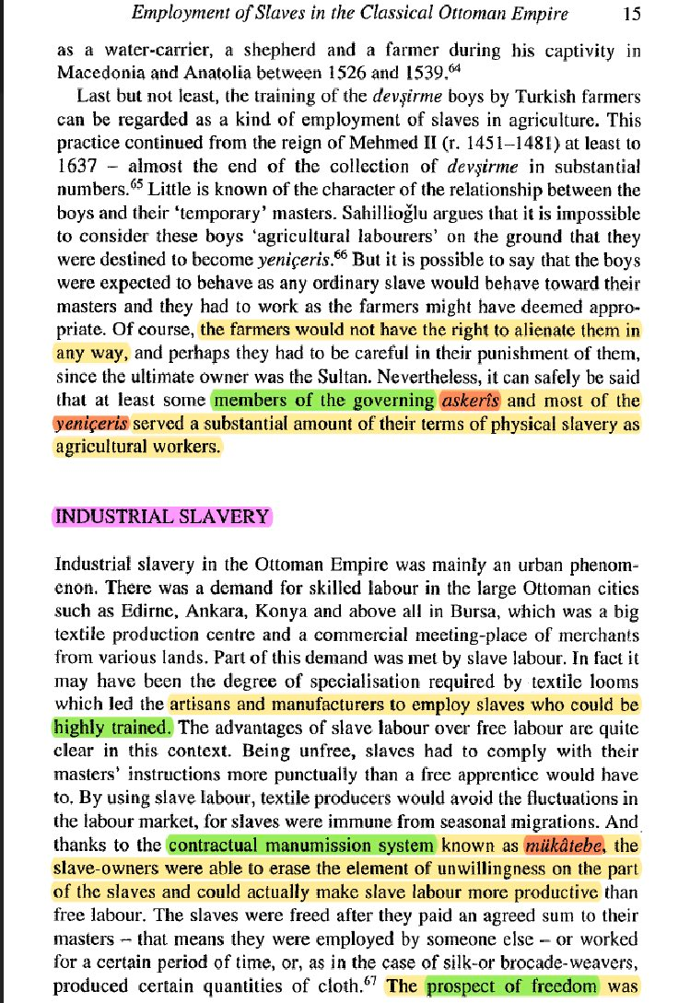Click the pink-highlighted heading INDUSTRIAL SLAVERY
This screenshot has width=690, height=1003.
tap(164, 516)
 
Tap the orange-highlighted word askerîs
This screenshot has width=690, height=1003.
tap(470, 400)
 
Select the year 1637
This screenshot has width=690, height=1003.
tap(76, 166)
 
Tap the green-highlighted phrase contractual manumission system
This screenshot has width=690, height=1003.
tap(301, 846)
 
